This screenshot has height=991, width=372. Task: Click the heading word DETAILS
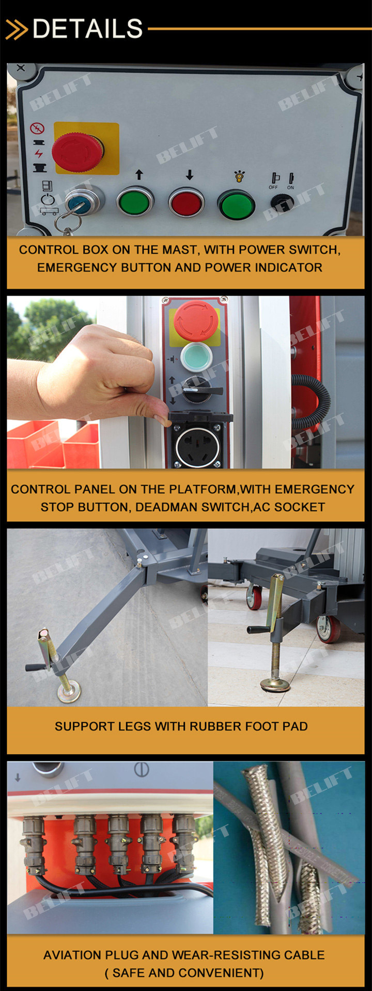[x=88, y=29]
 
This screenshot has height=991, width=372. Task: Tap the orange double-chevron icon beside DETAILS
[x=17, y=29]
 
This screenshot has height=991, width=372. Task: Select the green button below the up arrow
[x=135, y=202]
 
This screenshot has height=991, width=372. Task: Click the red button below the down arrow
[x=187, y=202]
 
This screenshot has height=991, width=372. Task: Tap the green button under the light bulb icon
[x=237, y=204]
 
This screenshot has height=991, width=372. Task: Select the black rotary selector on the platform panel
[x=196, y=390]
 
